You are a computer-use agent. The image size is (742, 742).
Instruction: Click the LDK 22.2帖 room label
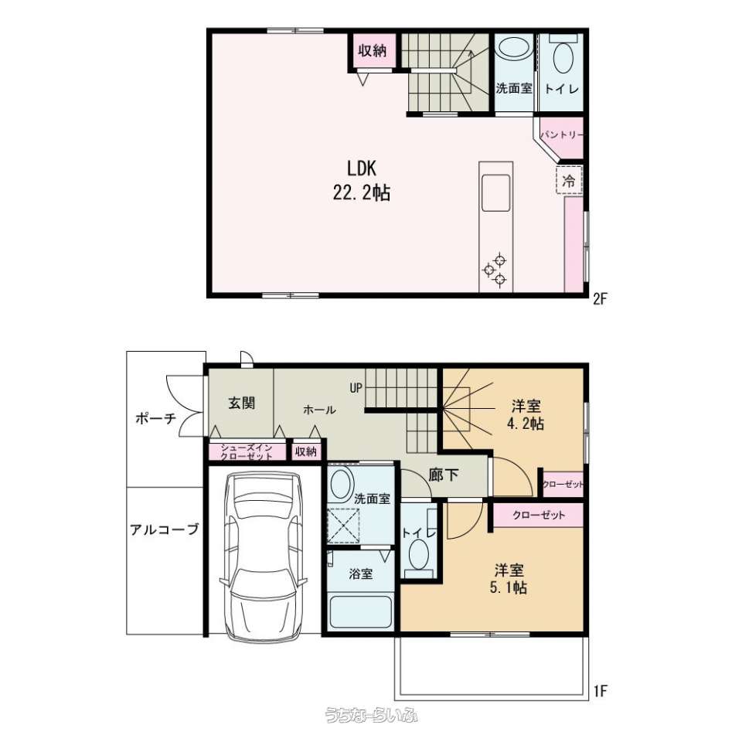coord(362,181)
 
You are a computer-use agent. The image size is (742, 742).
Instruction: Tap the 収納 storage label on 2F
coord(373,50)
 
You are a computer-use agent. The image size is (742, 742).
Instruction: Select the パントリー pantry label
coord(562,134)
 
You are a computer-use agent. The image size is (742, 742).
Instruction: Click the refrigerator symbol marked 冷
coord(569,180)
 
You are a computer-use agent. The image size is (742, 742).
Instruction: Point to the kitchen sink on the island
coord(495,192)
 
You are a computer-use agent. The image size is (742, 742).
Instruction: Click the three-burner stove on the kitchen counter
coord(495,271)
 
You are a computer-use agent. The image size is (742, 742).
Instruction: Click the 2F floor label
coord(600,298)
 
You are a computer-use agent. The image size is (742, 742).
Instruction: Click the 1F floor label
coord(600,691)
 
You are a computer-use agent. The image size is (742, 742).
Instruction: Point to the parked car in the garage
coord(263,557)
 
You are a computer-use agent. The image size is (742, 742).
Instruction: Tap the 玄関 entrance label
coord(242,403)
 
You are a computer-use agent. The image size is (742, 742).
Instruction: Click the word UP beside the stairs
coord(356,388)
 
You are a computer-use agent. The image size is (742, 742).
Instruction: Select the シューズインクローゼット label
coord(247,452)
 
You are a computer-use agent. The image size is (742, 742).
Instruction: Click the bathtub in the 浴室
coord(361,612)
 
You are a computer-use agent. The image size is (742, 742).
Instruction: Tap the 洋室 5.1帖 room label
coord(509,579)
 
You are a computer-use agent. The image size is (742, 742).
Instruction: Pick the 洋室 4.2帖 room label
coord(526,414)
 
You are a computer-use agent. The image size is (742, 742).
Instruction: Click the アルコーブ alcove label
coord(165,529)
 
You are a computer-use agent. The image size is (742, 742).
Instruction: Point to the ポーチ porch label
coord(155,418)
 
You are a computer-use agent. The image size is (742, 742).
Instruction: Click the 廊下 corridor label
coord(444,475)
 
